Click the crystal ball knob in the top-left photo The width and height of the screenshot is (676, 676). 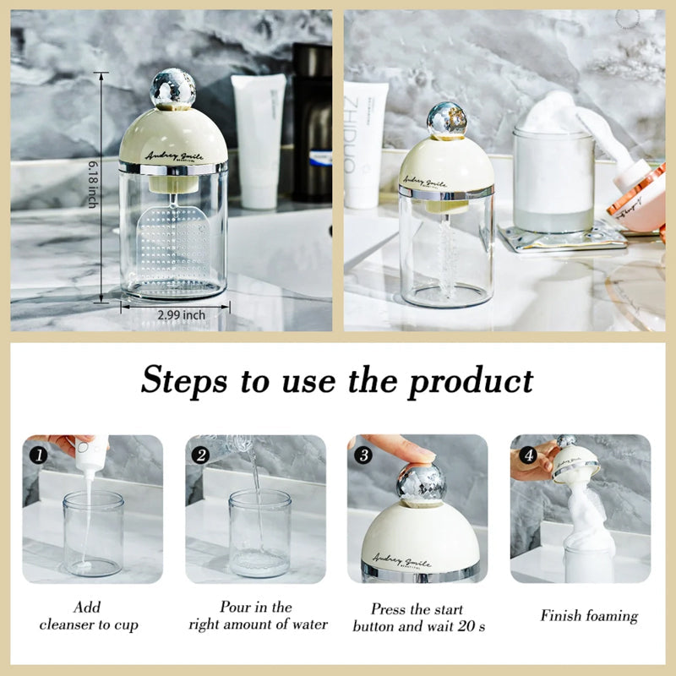[172, 89]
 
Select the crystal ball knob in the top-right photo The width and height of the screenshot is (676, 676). [446, 120]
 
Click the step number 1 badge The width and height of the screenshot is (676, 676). [38, 454]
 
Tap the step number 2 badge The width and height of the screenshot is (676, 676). [200, 454]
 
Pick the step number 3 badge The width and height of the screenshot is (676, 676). [363, 454]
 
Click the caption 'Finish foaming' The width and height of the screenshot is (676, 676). [589, 615]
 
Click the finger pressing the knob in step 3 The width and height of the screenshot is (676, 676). [397, 447]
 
